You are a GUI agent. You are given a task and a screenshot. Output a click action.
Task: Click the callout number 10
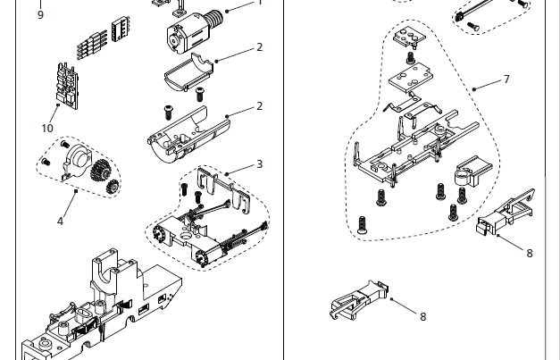coord(47,128)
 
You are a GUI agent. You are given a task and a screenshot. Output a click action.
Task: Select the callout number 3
coord(259,164)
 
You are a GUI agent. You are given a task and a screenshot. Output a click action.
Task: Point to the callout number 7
coord(506,80)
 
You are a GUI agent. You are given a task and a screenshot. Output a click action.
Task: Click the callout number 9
coord(40,14)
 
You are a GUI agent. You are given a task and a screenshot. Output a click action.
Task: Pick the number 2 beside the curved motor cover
coord(259,47)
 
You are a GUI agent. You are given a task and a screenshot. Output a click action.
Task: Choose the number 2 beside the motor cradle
coord(259,105)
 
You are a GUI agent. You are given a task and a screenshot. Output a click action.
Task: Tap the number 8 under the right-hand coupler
coord(529,253)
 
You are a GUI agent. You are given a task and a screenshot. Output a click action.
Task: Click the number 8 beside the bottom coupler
coord(422,315)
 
